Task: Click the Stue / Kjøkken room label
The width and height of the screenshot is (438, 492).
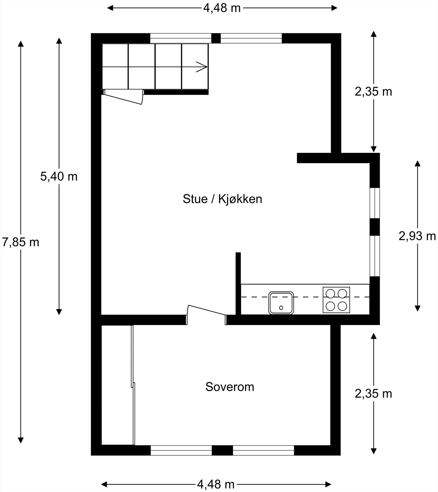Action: (x=222, y=199)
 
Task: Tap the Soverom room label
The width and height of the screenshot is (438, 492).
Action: (x=229, y=387)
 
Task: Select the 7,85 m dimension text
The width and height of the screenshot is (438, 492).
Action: (x=21, y=242)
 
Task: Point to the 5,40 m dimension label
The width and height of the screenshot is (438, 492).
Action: (x=59, y=177)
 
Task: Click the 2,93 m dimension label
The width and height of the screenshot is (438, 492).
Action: (x=417, y=236)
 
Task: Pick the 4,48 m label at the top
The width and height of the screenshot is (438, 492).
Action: (x=222, y=8)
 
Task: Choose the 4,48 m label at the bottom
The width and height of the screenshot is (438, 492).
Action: (x=216, y=485)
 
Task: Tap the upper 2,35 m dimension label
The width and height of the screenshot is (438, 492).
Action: (x=373, y=92)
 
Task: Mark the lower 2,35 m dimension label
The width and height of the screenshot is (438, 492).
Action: (x=373, y=394)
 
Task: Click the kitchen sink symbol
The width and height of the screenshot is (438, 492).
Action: (x=281, y=303)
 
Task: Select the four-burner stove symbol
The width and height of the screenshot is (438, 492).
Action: (x=336, y=300)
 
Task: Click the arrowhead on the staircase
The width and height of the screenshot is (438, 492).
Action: (x=202, y=67)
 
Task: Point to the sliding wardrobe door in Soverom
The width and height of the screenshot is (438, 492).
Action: (x=133, y=384)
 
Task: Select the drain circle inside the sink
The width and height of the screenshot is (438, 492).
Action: (x=281, y=308)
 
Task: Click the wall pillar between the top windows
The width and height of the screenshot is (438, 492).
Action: (x=216, y=38)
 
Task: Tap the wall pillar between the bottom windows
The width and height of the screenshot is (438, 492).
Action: (x=222, y=450)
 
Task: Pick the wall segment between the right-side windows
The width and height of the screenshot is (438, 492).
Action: (x=375, y=227)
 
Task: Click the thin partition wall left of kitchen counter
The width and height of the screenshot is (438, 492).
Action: (x=238, y=283)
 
